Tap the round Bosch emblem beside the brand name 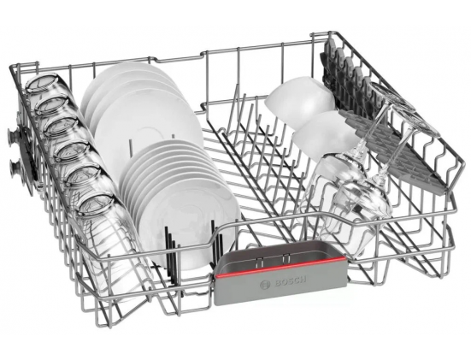point(265,285)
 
